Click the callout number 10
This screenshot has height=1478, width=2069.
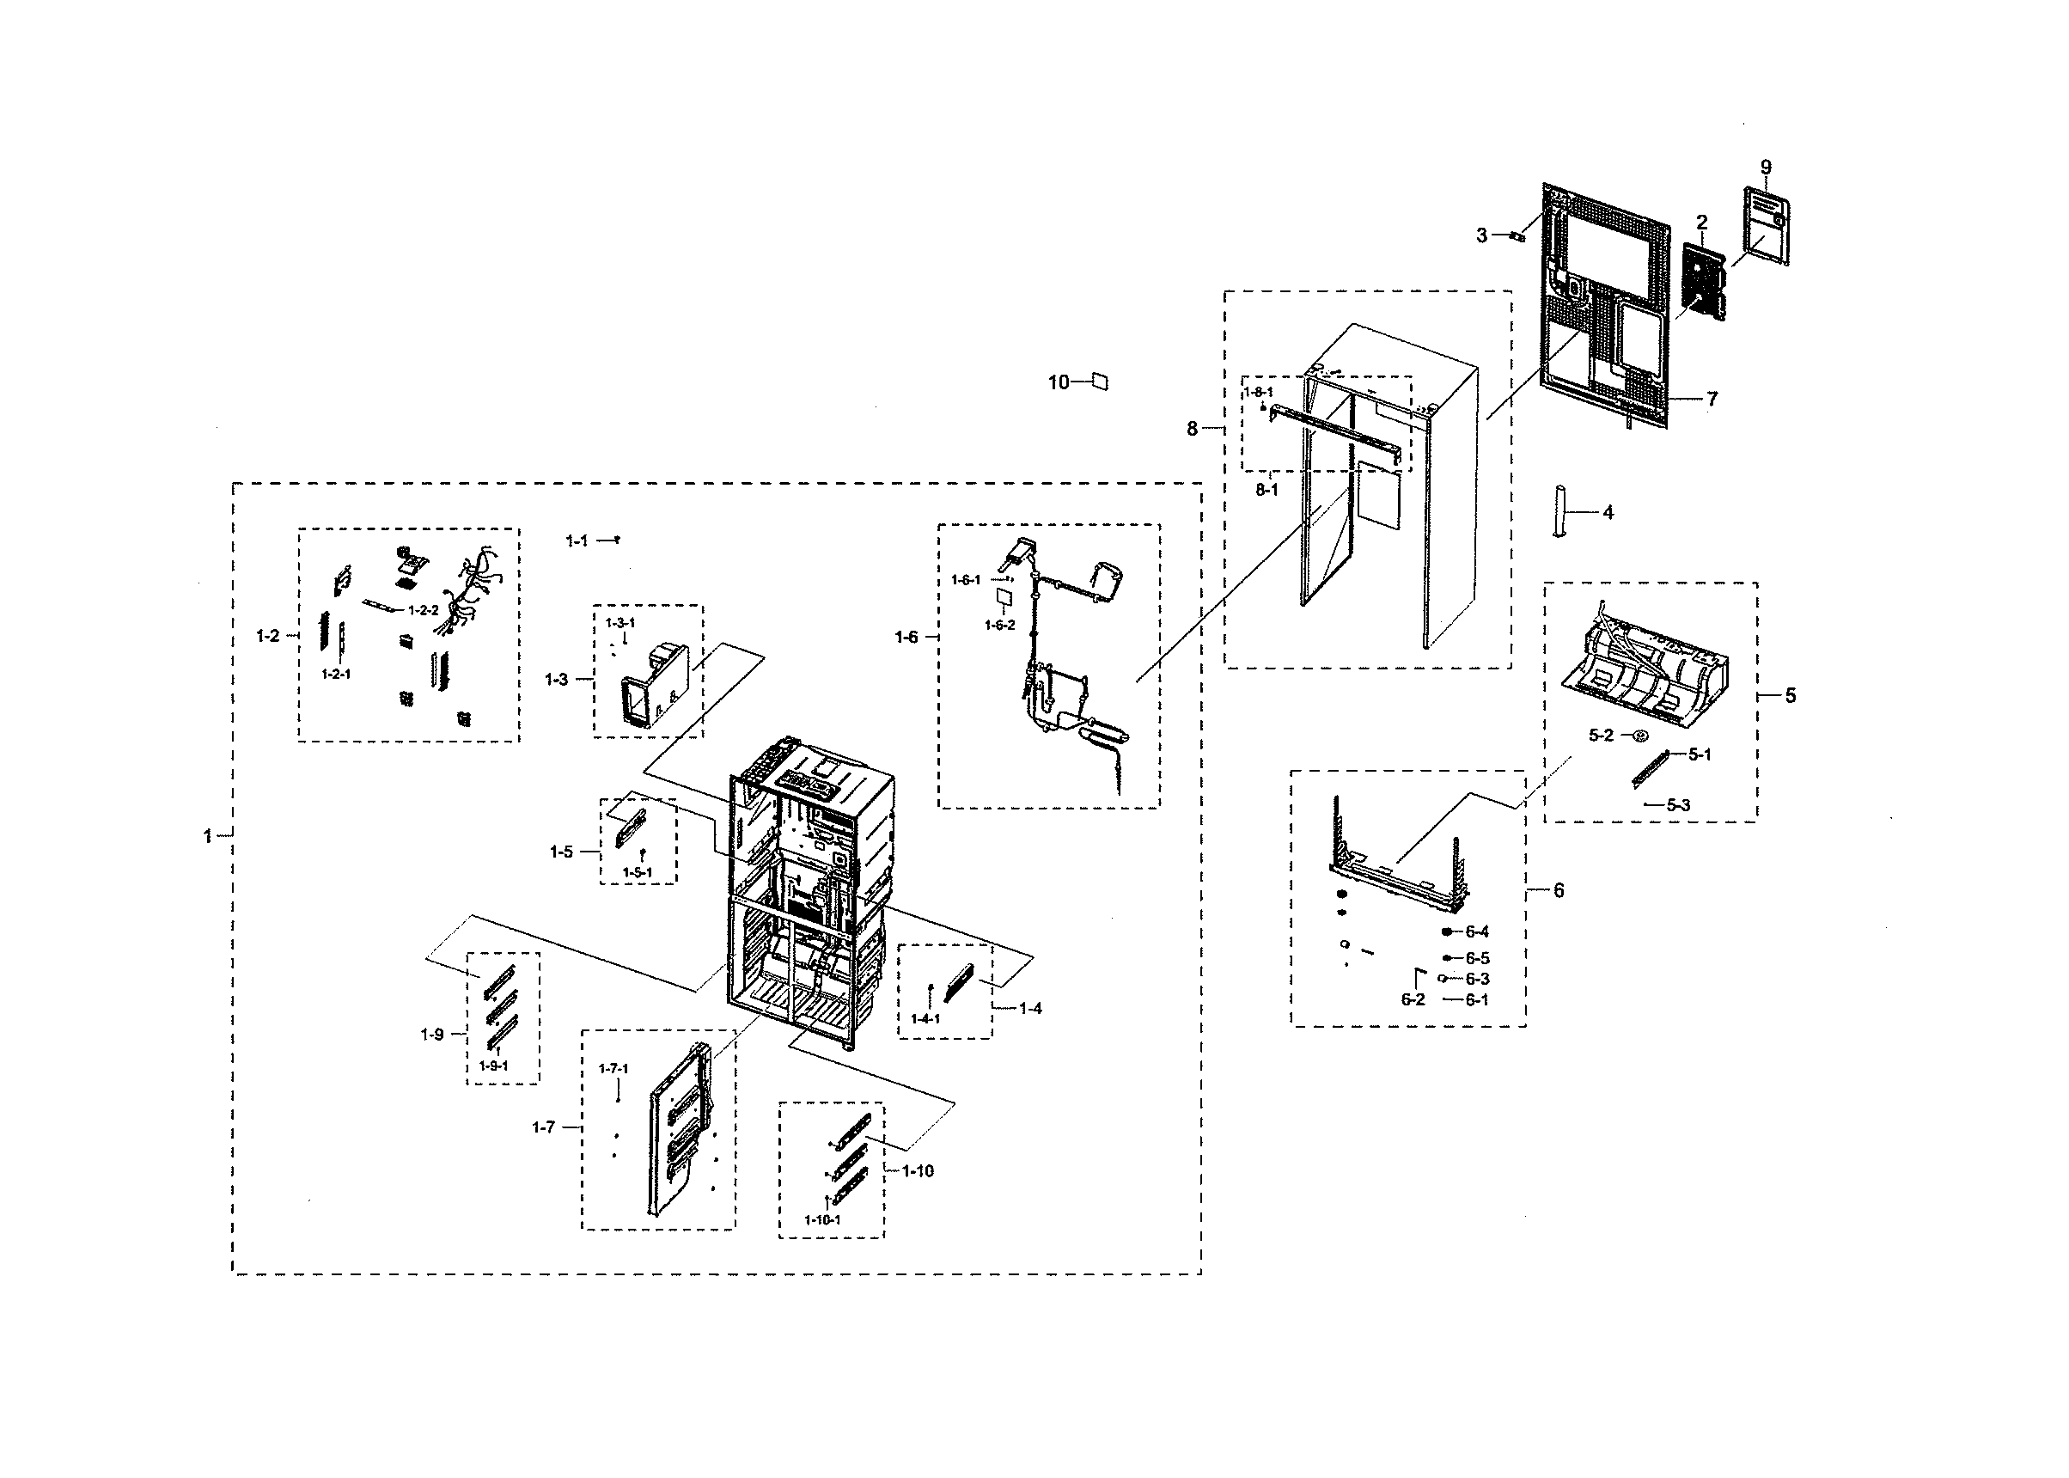(x=1059, y=382)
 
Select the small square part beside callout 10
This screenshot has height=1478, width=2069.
(x=1099, y=381)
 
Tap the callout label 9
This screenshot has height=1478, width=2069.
(x=1766, y=168)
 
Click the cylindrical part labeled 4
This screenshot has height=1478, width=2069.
(x=1559, y=511)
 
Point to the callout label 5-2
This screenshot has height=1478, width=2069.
(x=1601, y=736)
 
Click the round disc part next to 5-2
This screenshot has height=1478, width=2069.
(x=1640, y=736)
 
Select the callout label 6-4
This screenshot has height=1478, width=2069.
(x=1478, y=932)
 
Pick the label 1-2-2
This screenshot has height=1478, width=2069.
(x=423, y=611)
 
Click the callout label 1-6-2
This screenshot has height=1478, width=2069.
(x=999, y=626)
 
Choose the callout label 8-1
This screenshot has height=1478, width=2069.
(x=1266, y=490)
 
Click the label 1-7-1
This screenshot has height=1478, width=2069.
(x=613, y=1068)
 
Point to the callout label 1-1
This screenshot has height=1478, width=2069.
(x=577, y=541)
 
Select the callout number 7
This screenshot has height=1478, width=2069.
(x=1712, y=399)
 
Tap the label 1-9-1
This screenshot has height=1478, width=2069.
(x=493, y=1066)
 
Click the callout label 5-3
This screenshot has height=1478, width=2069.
(x=1679, y=805)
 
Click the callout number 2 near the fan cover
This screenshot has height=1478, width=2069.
(x=1701, y=222)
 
